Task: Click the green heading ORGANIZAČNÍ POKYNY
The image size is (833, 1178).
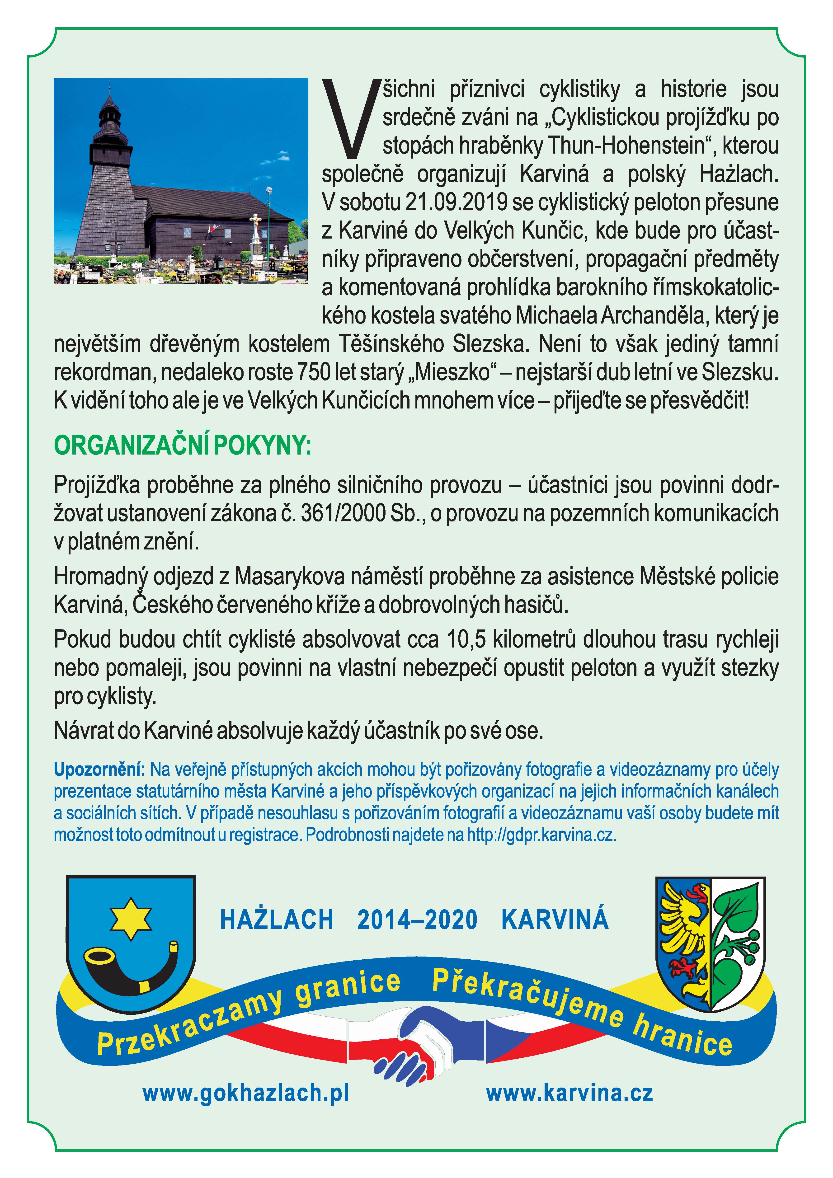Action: point(182,446)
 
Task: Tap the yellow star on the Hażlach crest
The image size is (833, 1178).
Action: point(131,918)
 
